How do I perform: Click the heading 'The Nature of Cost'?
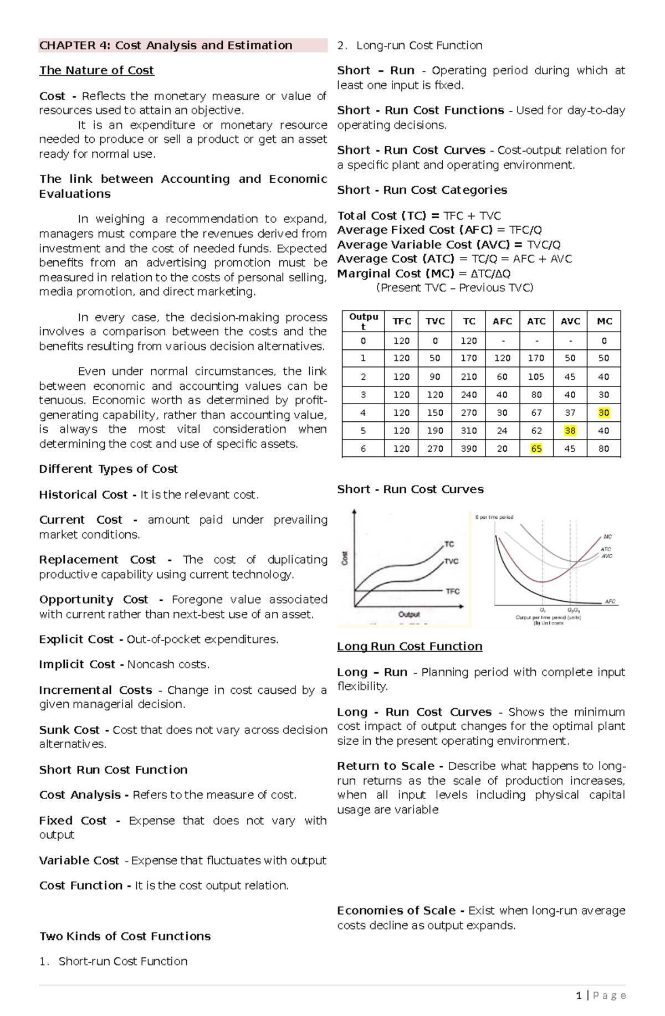point(96,70)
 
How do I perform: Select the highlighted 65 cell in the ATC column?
point(536,448)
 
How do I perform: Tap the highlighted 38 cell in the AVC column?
point(570,430)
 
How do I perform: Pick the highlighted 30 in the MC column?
point(603,412)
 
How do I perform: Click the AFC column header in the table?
point(502,321)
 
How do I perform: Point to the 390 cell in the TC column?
point(469,448)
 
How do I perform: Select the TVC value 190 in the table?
point(435,430)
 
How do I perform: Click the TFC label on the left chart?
point(453,591)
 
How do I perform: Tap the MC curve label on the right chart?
point(607,537)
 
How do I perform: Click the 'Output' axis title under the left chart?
point(409,614)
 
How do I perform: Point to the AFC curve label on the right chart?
point(610,601)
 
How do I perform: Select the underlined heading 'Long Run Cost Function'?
point(410,646)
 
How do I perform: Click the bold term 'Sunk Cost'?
point(69,730)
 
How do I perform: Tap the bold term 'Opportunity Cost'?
point(93,600)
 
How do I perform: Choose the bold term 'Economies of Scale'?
point(396,910)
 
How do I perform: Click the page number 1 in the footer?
point(579,996)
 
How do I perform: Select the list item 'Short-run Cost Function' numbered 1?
point(122,961)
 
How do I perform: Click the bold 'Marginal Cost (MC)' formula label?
point(395,274)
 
